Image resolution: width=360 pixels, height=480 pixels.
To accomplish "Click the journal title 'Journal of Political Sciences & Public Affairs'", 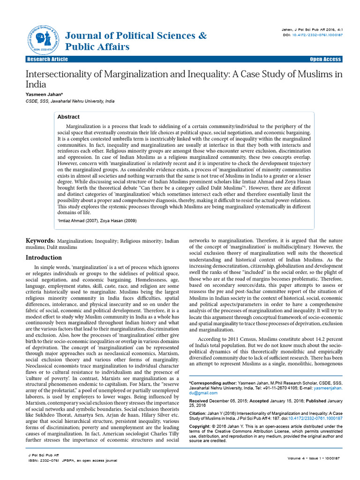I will (x=130, y=41).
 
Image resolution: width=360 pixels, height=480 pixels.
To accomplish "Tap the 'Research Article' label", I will (x=47, y=59).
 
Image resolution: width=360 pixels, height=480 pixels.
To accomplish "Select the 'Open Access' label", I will (x=326, y=59).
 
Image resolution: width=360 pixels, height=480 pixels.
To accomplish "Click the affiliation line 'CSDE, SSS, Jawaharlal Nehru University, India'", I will (x=70, y=101).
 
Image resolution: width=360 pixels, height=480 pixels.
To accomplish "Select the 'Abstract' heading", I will (x=68, y=117).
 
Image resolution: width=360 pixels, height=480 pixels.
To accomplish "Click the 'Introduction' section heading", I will (x=44, y=257).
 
